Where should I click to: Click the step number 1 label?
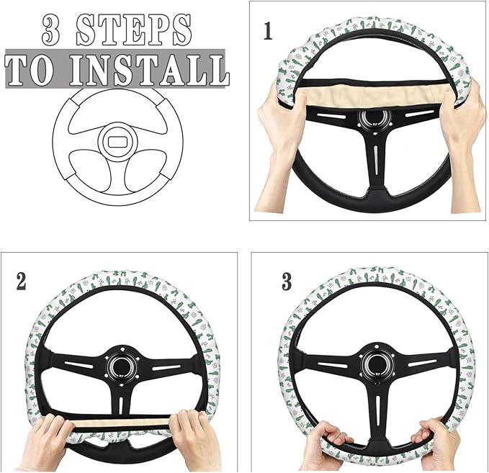coord(268,32)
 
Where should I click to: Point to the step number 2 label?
coord(21,280)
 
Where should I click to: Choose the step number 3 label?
coord(287,281)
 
